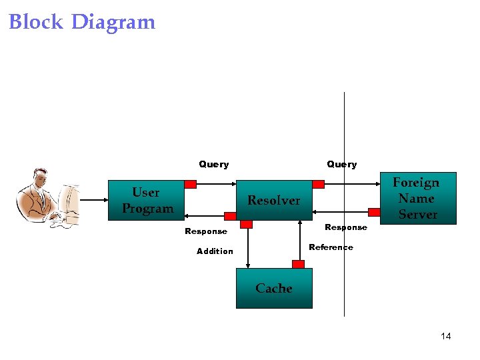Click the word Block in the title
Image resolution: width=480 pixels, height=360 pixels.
click(x=36, y=22)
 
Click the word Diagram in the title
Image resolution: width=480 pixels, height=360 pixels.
click(x=113, y=23)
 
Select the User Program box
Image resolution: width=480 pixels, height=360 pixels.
click(x=147, y=200)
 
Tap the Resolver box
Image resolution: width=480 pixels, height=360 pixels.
click(x=274, y=200)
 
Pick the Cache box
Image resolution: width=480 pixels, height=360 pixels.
click(x=274, y=288)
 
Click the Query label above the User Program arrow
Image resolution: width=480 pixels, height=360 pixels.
click(x=213, y=164)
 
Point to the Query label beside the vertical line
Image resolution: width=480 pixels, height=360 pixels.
click(x=341, y=164)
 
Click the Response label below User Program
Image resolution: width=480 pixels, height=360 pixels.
click(x=205, y=231)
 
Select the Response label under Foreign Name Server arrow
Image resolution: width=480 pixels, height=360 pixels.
click(x=345, y=227)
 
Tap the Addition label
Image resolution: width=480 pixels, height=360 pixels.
click(x=215, y=251)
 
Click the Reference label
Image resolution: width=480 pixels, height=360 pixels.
click(x=331, y=247)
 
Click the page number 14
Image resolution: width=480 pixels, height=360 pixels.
click(x=446, y=336)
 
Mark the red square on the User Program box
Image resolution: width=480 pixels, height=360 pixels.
click(x=191, y=184)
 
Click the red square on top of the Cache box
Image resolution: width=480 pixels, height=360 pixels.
click(x=298, y=264)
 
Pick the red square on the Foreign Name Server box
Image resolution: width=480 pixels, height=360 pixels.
click(x=374, y=213)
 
